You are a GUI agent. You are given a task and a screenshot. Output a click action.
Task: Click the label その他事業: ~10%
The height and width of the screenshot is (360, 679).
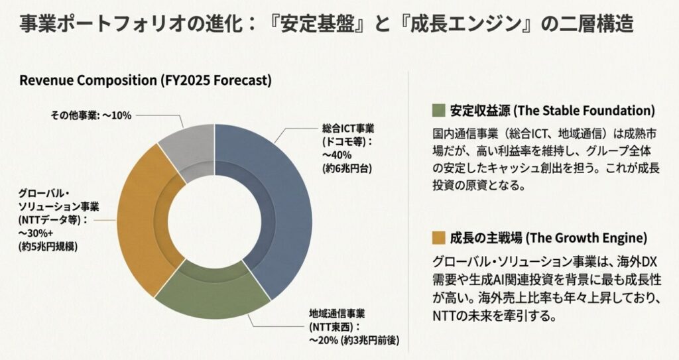click(x=92, y=115)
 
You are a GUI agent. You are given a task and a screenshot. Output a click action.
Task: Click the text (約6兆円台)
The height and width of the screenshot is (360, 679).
click(x=346, y=168)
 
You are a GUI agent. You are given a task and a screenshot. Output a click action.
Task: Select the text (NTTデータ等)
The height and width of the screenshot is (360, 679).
click(x=53, y=219)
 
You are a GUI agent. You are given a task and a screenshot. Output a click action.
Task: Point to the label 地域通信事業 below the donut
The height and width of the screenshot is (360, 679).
click(x=337, y=313)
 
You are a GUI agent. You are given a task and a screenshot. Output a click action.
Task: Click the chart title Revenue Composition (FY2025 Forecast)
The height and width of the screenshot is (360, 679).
click(x=145, y=81)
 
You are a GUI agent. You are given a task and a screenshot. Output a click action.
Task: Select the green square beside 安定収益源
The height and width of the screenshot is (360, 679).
click(x=437, y=110)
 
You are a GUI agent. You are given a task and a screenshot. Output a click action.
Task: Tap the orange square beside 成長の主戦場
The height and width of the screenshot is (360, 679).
click(x=437, y=237)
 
